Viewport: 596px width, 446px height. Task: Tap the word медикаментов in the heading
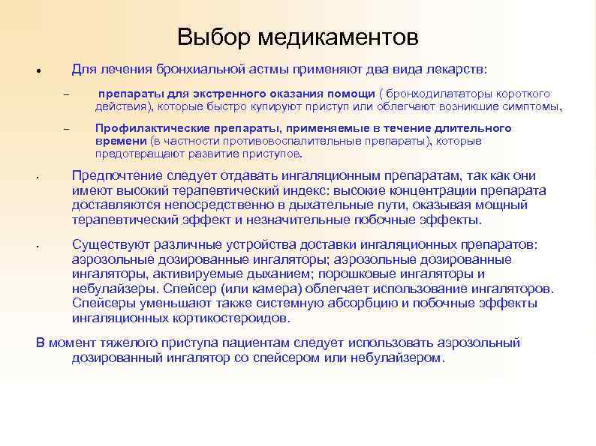pos(339,37)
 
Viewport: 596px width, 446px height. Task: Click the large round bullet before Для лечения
pos(37,72)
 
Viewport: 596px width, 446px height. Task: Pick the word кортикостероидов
pos(233,317)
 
